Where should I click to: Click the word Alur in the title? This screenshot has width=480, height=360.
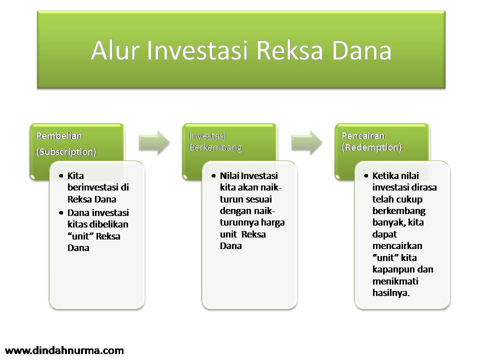[115, 50]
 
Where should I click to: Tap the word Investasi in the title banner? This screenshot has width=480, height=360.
[197, 50]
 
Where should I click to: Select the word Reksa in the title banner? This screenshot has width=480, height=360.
[289, 50]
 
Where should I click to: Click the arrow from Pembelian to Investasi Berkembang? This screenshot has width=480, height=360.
[154, 142]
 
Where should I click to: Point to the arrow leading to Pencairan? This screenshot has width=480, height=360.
[306, 142]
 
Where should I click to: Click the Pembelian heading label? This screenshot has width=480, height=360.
[59, 136]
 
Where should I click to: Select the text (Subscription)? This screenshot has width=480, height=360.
[66, 152]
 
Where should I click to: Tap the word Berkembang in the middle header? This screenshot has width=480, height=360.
[215, 148]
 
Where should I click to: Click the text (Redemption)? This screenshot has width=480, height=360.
[371, 147]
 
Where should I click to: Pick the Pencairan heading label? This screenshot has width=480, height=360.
[363, 135]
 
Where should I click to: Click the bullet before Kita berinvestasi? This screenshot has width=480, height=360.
[61, 176]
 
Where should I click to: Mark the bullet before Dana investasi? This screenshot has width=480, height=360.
[61, 213]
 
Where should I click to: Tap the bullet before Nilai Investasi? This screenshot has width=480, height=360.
[213, 176]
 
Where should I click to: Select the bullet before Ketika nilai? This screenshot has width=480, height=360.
[366, 176]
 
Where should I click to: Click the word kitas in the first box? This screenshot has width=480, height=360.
[77, 224]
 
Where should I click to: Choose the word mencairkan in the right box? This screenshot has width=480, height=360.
[397, 246]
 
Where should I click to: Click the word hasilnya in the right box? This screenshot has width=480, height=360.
[391, 293]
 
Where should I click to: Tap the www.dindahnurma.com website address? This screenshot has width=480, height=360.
[64, 350]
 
